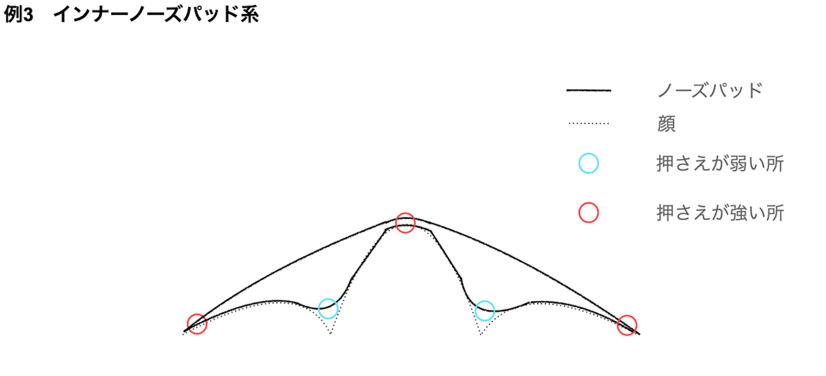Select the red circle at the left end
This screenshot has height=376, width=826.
coord(197,324)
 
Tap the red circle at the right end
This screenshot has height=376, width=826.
coord(627,325)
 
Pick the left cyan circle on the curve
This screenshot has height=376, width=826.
coord(328,308)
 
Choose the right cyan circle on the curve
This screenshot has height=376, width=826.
coord(484,311)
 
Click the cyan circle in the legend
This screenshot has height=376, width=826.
coord(588,164)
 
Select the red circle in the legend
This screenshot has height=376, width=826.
coord(588,212)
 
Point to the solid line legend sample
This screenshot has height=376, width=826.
coord(589,90)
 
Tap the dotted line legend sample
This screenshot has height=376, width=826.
coord(589,123)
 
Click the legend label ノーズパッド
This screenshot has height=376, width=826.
coord(710,90)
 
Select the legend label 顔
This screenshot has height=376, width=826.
coord(666,124)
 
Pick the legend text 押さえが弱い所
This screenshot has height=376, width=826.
coord(720,164)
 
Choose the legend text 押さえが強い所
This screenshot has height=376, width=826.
coord(720,213)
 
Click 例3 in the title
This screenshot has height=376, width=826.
coord(19,15)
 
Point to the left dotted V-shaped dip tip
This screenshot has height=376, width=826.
coord(330,333)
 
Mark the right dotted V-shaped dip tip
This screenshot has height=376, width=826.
coord(481,334)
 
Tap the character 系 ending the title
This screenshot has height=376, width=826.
coord(249,15)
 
